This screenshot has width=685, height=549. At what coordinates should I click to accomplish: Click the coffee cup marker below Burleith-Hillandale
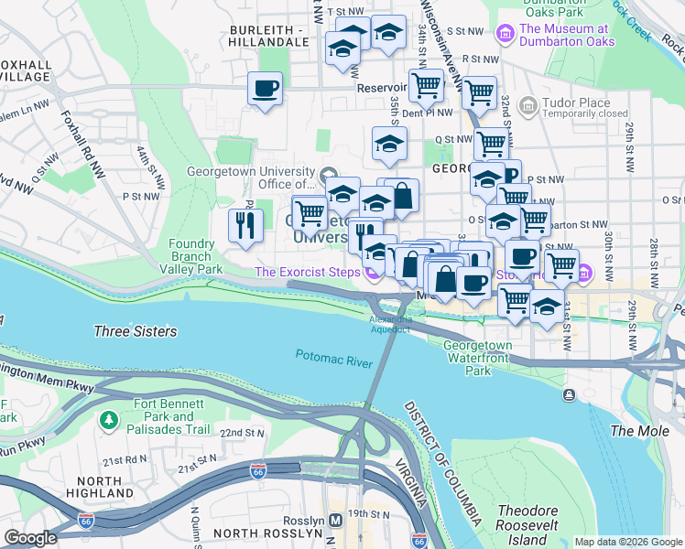click(265, 89)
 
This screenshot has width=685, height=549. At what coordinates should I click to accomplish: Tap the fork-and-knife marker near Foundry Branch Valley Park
click(245, 226)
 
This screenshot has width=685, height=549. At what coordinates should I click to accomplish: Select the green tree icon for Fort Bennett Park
click(109, 419)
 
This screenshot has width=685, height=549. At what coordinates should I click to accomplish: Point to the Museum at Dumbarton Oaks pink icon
click(503, 35)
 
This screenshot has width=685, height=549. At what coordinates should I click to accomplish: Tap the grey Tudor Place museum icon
click(527, 107)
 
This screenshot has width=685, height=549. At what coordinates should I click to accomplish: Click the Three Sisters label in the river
click(136, 331)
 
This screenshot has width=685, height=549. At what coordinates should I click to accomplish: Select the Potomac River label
click(333, 358)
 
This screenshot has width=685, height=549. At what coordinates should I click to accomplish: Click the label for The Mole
click(634, 430)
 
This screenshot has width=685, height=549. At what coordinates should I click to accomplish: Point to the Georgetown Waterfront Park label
click(477, 358)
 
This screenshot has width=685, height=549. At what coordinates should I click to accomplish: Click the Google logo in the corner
click(30, 538)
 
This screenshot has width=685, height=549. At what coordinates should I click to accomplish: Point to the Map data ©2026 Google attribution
click(628, 542)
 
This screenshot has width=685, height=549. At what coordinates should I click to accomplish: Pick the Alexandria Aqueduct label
click(390, 323)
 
